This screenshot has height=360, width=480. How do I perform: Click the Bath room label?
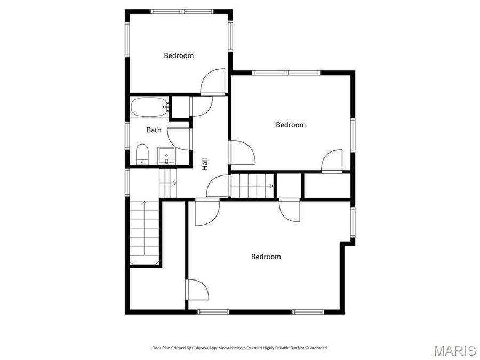pos(154,130)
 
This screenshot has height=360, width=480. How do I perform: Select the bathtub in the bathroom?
pos(149,108)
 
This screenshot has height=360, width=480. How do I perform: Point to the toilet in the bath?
pos(142,155)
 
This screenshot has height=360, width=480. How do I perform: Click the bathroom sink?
pos(166,156)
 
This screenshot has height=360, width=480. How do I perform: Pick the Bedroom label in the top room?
pos(179,55)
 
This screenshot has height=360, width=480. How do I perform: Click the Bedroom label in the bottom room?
pos(266,257)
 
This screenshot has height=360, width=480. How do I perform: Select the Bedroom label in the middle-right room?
pos(291,125)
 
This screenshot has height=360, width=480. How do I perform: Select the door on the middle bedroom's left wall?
pos(242,153)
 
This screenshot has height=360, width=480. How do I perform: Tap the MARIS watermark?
pos(454,350)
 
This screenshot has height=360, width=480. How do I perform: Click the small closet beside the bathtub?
pos(181,107)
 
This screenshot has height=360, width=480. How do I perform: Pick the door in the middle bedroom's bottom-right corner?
pos(332,161)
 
